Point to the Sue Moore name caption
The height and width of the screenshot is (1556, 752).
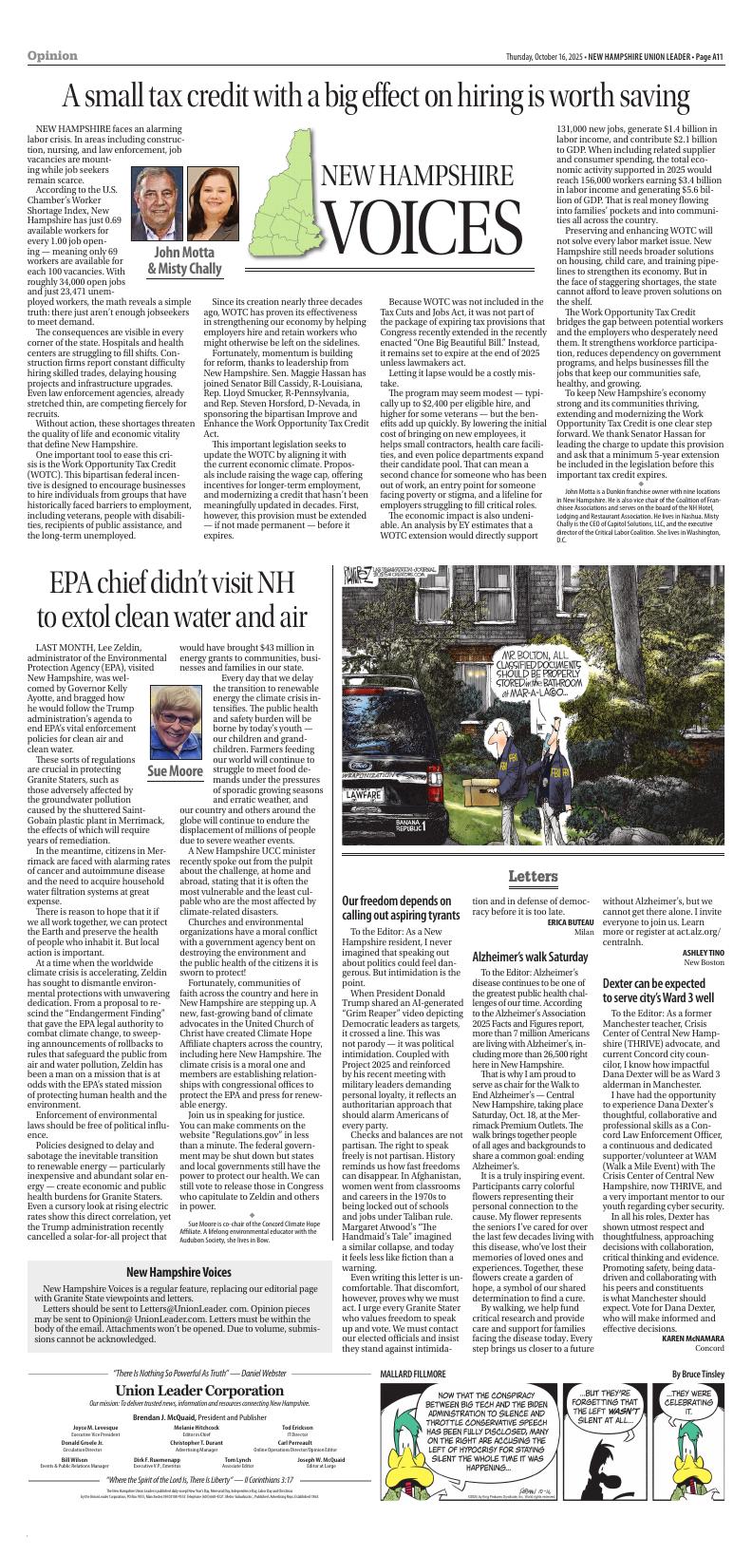(x=175, y=770)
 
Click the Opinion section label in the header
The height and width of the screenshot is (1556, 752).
(x=52, y=56)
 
